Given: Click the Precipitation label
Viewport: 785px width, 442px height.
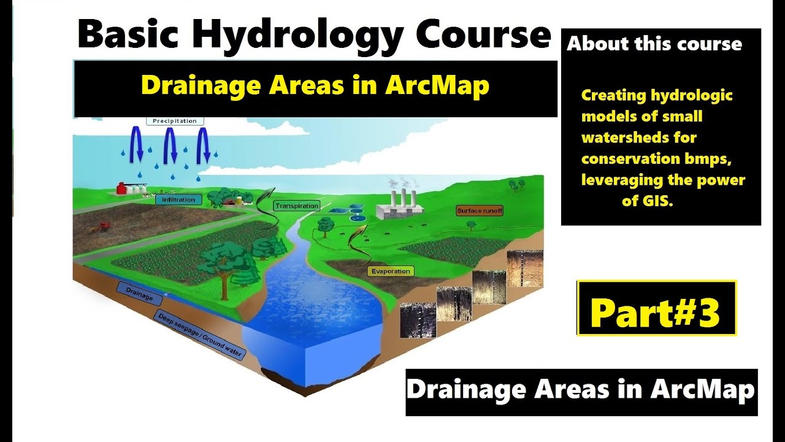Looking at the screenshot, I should tap(175, 121).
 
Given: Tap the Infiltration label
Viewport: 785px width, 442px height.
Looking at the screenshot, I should tap(178, 200).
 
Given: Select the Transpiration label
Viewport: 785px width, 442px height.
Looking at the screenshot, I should tap(297, 206).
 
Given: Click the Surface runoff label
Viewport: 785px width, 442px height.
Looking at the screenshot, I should tap(480, 211).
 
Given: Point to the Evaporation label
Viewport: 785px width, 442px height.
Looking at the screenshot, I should tap(391, 271).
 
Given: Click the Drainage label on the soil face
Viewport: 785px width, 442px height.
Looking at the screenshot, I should tap(139, 295).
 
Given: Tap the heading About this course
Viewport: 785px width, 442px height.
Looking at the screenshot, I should tap(654, 44).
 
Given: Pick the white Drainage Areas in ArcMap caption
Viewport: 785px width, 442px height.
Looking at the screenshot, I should tap(581, 390).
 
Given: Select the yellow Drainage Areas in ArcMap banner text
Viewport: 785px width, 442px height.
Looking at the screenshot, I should tap(315, 85).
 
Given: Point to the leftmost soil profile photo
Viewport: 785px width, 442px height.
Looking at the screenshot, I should tap(418, 319).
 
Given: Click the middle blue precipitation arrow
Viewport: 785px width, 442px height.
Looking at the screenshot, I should tap(171, 145).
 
